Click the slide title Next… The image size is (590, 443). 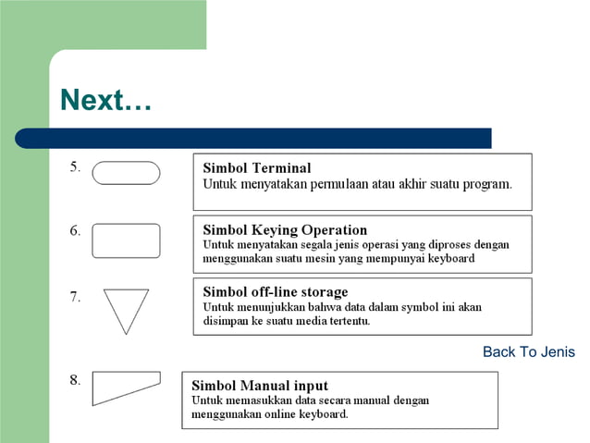pos(104,101)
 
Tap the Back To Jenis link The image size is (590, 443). pos(528,351)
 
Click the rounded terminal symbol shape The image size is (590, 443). pos(126,173)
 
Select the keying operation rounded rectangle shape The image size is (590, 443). pos(126,240)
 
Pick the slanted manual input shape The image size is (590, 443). pos(125,388)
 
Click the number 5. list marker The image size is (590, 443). pos(75,167)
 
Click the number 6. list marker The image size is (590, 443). pos(75,231)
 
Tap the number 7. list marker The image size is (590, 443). pos(75,297)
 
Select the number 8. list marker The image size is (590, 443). pos(75,379)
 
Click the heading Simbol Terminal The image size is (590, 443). pos(257,168)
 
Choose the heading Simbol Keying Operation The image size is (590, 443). pos(285,230)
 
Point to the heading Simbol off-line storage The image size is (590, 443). pos(276,292)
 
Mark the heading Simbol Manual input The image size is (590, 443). pos(260,386)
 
